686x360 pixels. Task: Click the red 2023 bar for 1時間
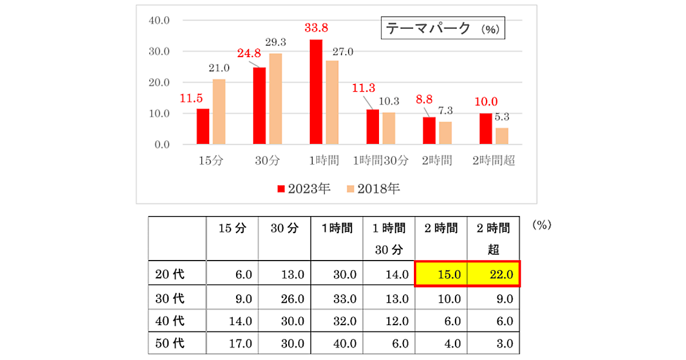point(316,91)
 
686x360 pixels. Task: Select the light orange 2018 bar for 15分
point(219,111)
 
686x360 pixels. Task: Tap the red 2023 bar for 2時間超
point(485,129)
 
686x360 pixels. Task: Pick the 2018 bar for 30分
point(276,98)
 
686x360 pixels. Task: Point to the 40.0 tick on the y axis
point(159,21)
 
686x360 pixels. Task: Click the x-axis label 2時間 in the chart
point(437,161)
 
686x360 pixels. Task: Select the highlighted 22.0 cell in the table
point(494,274)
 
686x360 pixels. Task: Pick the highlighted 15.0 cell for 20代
point(441,274)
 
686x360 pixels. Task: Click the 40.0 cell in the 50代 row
point(337,344)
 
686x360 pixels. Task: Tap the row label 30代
point(170,298)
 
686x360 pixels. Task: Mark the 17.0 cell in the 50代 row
point(232,344)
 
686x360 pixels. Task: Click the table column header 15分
point(232,229)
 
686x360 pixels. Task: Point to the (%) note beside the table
point(541,225)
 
